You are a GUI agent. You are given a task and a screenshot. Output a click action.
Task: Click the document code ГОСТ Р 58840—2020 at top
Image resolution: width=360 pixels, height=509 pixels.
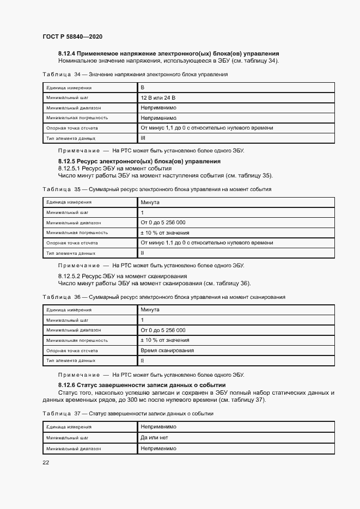(x=72, y=36)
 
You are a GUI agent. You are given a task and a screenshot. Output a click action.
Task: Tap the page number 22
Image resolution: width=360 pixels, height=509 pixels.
(x=46, y=462)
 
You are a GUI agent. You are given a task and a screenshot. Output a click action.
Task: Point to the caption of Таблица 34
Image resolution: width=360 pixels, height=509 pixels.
(x=135, y=74)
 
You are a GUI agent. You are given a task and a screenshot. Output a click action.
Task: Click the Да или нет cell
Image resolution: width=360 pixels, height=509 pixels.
(x=155, y=437)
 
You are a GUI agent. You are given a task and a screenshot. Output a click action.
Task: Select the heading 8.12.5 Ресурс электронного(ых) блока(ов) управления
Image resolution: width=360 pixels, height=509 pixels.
(x=139, y=161)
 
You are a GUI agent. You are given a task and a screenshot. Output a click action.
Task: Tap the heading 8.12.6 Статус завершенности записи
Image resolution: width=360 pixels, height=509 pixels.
(x=142, y=385)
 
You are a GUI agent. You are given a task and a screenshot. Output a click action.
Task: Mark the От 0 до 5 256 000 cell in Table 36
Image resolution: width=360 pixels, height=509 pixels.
(x=163, y=330)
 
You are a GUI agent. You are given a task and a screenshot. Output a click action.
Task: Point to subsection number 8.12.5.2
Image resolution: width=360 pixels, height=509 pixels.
(x=70, y=276)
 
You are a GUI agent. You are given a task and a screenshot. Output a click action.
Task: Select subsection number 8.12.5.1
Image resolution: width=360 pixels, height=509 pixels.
(x=70, y=168)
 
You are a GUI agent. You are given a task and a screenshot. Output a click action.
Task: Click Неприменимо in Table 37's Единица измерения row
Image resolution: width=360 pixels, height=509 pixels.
(x=158, y=427)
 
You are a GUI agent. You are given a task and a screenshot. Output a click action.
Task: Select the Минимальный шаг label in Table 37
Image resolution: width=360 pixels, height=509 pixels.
(x=67, y=437)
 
